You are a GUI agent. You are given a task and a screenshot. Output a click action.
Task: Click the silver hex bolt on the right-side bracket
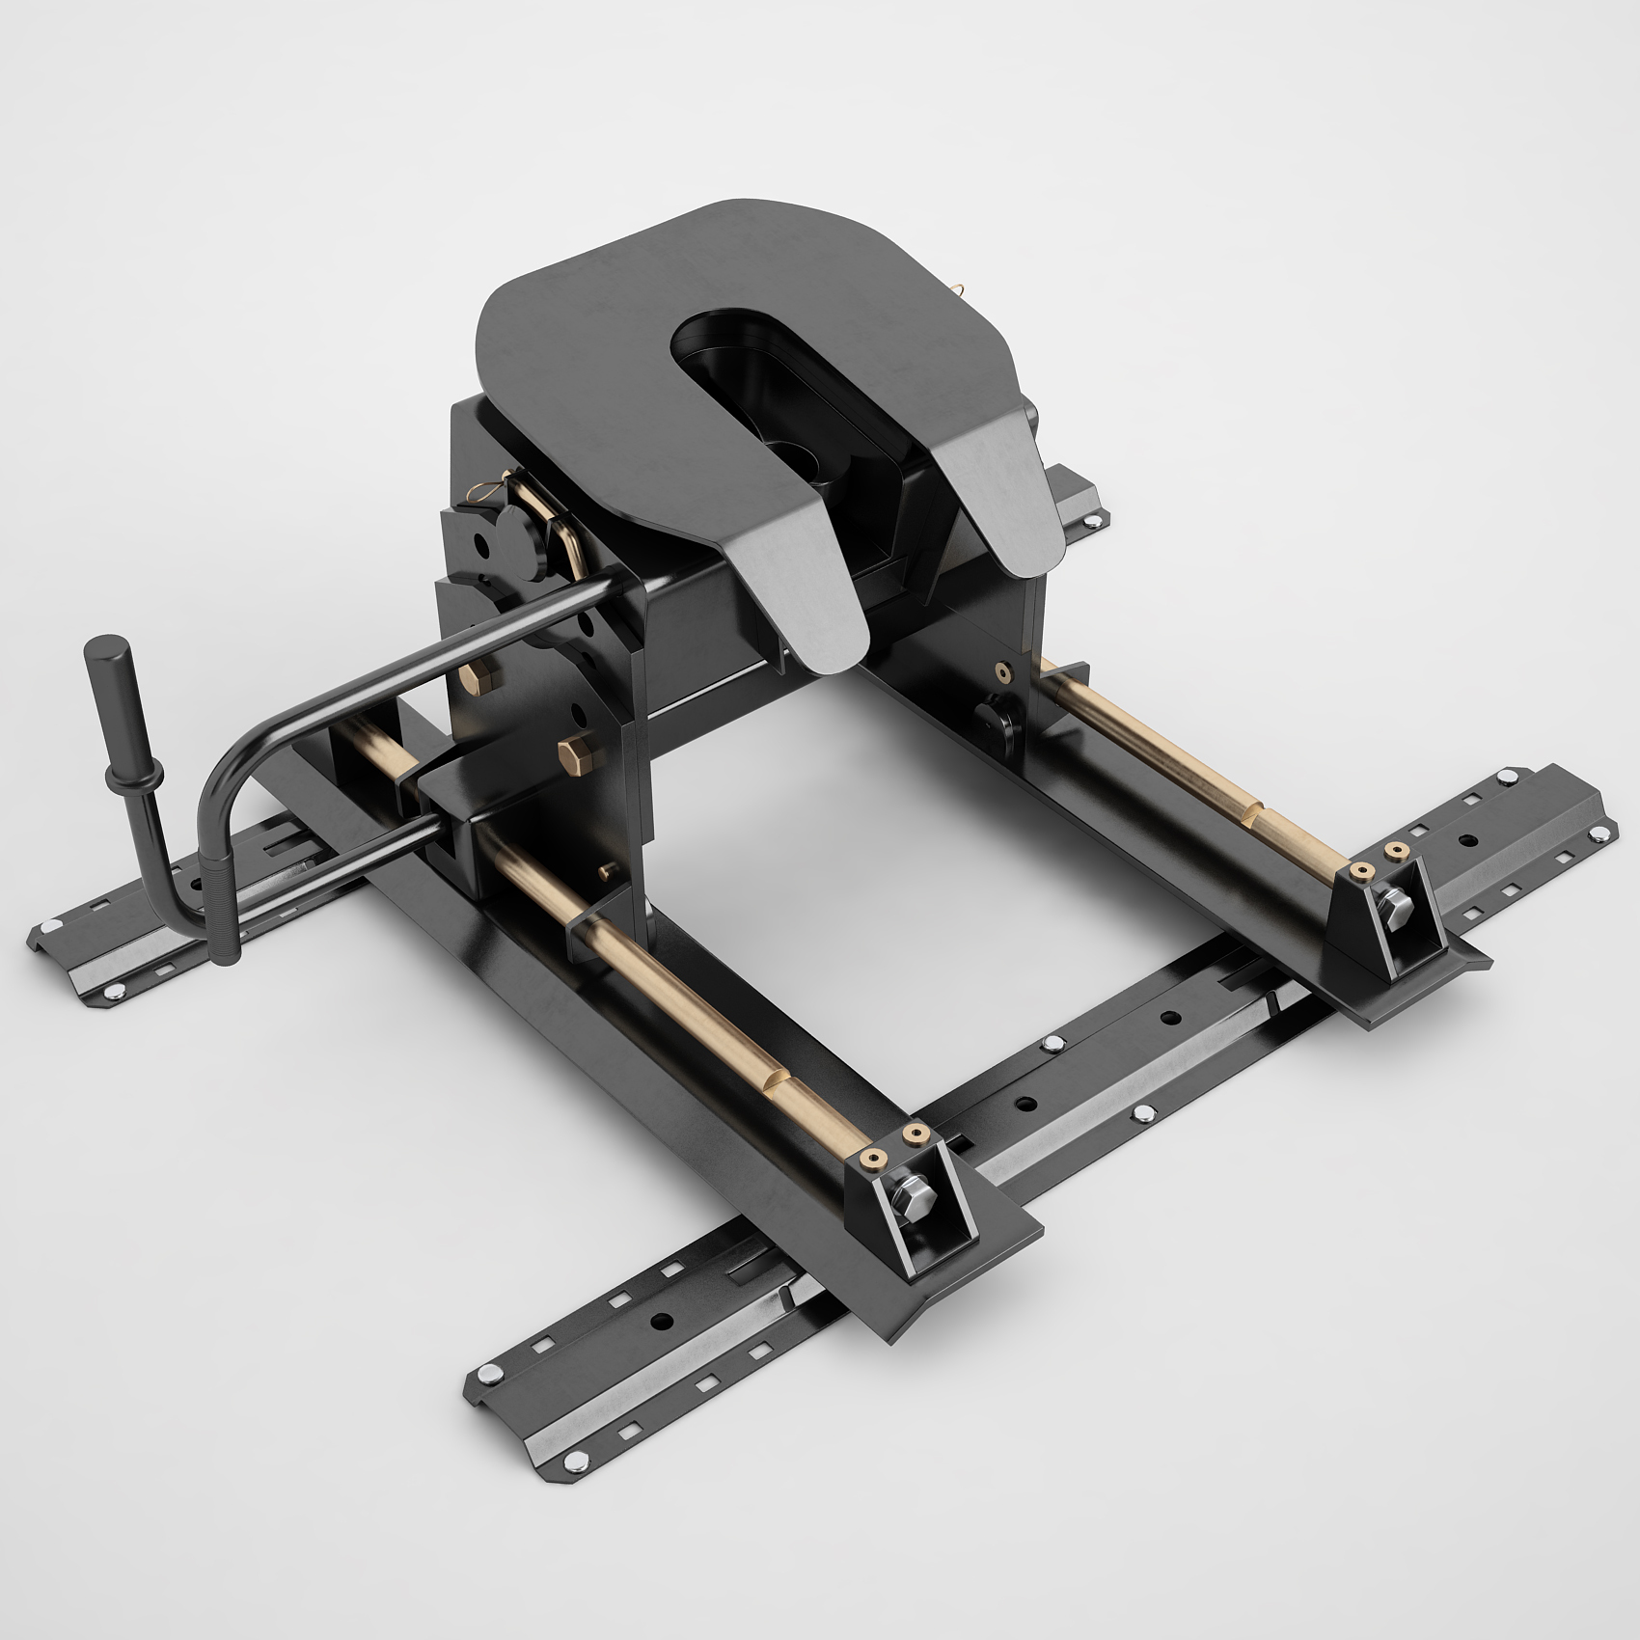click(x=1395, y=906)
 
